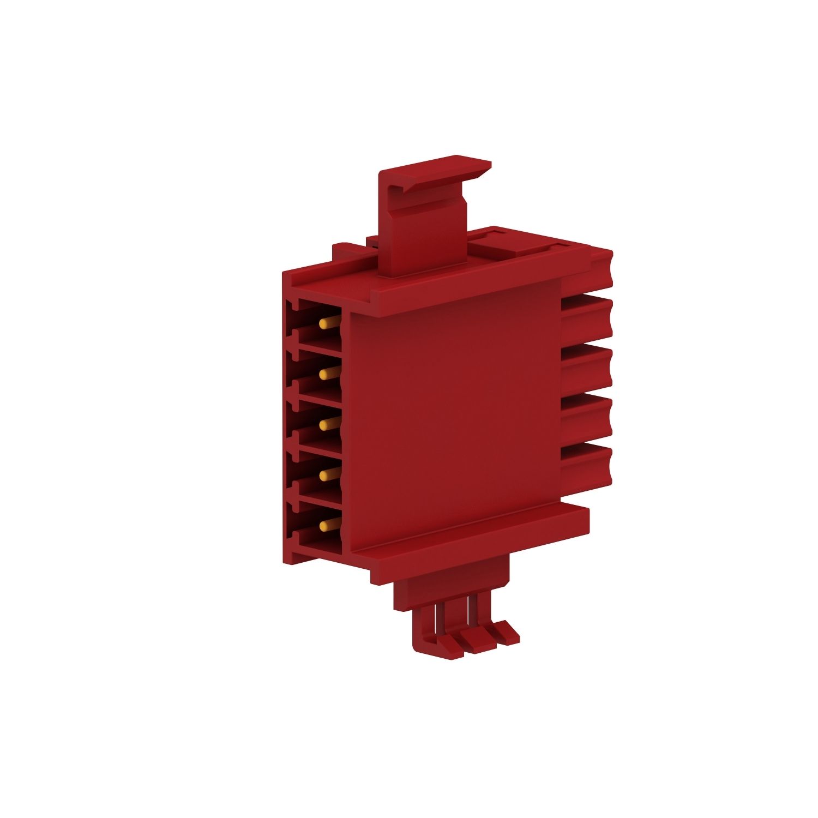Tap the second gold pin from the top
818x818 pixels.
coord(326,374)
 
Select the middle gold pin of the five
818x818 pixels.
coord(326,424)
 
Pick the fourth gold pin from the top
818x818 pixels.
coord(326,474)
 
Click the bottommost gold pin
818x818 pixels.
coord(326,525)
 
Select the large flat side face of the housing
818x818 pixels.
coord(453,414)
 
